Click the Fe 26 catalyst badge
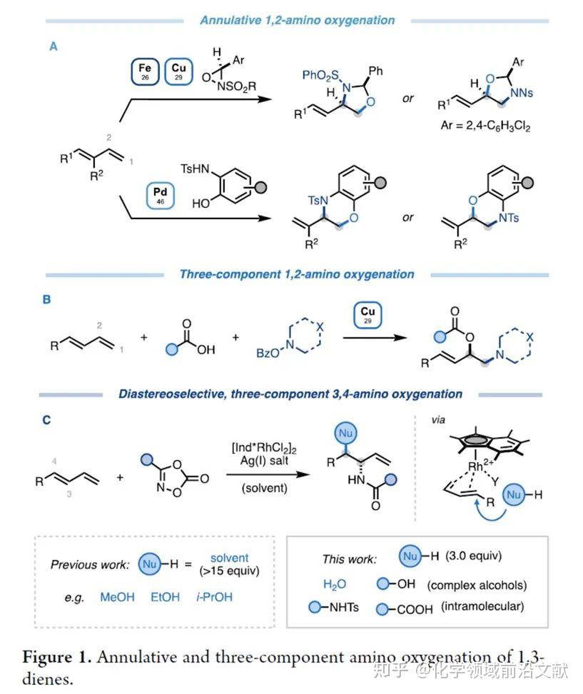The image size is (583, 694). point(145,71)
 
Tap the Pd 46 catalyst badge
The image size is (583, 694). point(160,195)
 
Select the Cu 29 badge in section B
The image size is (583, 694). point(367,315)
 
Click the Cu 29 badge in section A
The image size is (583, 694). point(178,71)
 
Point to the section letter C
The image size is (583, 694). point(46,420)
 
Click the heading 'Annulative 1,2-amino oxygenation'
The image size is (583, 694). point(298,21)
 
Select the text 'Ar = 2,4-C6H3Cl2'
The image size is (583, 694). point(485,126)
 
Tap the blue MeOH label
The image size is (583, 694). point(117,597)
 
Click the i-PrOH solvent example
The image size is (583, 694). point(214,597)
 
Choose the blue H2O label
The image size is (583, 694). point(335,585)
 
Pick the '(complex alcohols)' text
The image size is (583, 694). point(477,585)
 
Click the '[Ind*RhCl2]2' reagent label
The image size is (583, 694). point(264,448)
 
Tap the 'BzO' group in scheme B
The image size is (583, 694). point(268,353)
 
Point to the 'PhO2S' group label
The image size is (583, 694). point(320,75)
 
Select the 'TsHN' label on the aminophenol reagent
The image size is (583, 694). point(195,169)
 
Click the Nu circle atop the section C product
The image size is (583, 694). point(345,433)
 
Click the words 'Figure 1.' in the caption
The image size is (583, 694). point(56,657)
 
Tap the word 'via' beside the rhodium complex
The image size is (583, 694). point(438,420)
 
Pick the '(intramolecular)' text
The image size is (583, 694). point(482,606)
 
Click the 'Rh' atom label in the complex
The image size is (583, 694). point(475,466)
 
